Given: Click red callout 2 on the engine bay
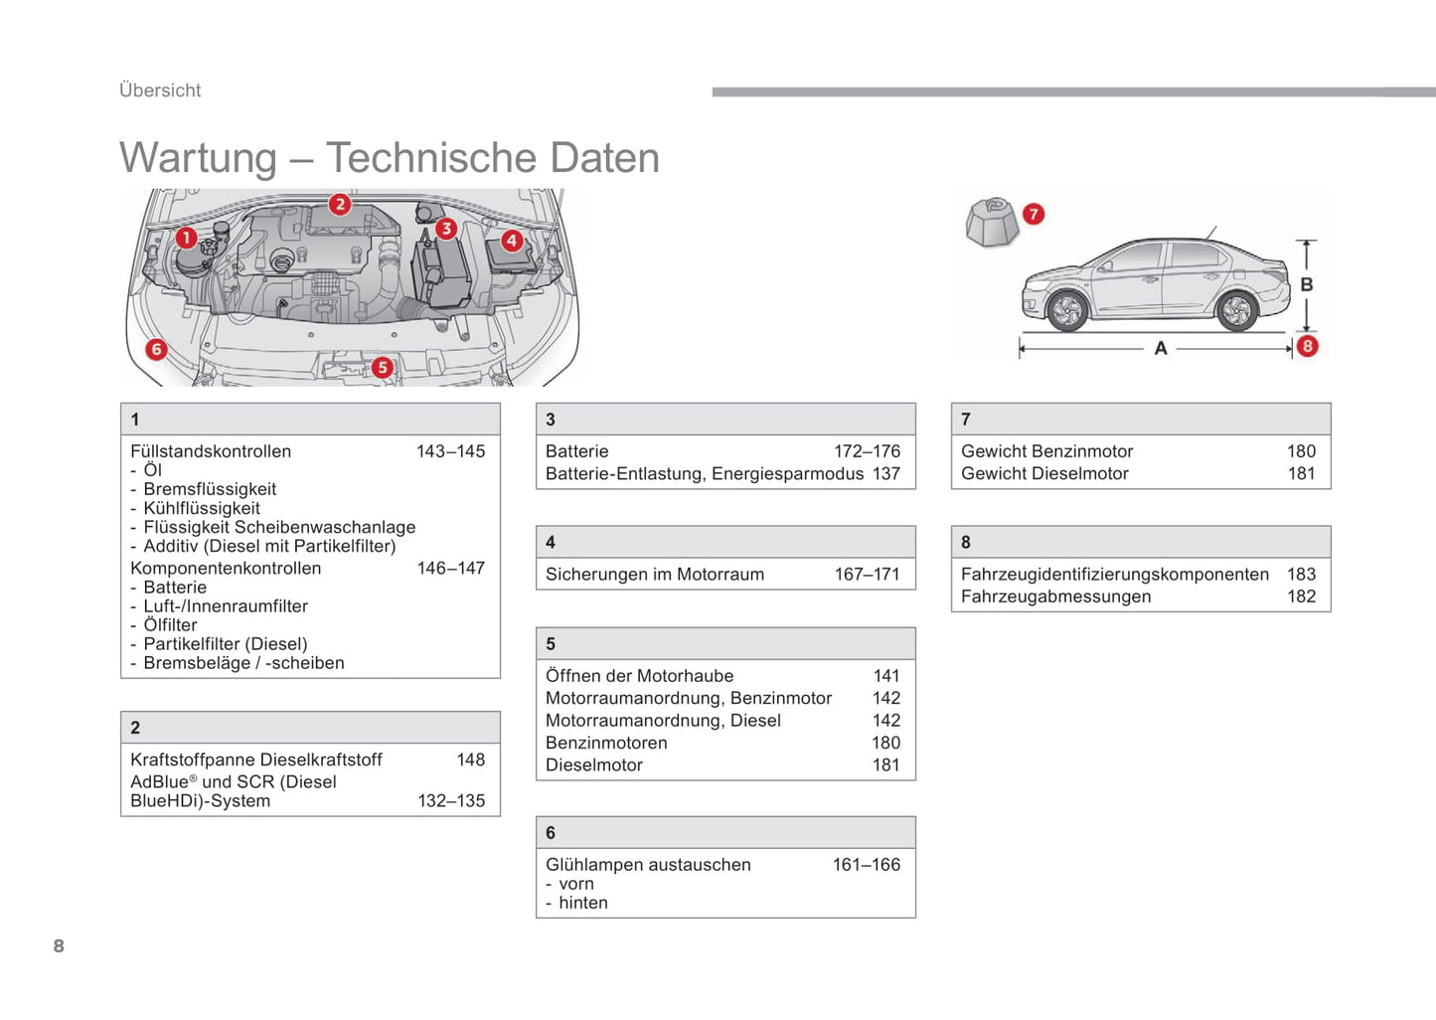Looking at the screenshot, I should (x=340, y=205).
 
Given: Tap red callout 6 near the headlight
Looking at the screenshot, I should (x=156, y=349).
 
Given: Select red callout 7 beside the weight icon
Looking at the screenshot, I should (x=1034, y=214).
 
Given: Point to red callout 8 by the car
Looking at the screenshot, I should (x=1308, y=346).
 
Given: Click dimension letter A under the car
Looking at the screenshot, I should (x=1161, y=349).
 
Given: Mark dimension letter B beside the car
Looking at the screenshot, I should (x=1307, y=284).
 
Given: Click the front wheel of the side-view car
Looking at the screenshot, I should (x=1067, y=310).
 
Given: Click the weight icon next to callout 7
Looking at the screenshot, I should (x=992, y=222).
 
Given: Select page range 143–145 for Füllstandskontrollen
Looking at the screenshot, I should (x=450, y=451).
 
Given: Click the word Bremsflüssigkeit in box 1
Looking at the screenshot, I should (x=210, y=489).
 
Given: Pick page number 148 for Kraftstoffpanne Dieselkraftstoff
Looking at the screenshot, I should (x=470, y=760).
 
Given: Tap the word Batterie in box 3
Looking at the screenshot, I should (x=576, y=451).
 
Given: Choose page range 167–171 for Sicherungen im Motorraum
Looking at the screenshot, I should (x=867, y=575).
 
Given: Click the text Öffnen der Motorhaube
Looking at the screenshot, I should (x=639, y=676).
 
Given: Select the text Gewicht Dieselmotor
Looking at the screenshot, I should (x=1044, y=474).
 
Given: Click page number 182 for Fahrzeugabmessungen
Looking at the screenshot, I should (x=1301, y=596).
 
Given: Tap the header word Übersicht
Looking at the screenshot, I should (x=160, y=90).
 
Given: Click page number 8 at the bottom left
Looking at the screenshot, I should (x=59, y=946).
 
